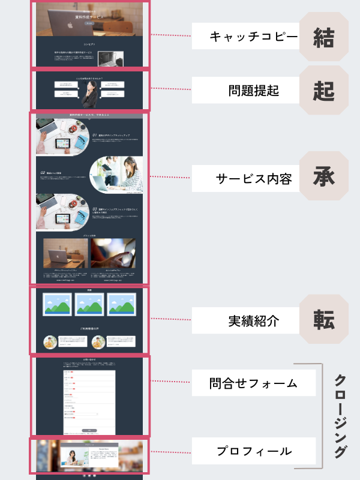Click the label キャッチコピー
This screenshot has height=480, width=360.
pyautogui.click(x=253, y=37)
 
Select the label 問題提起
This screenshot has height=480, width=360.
pyautogui.click(x=253, y=91)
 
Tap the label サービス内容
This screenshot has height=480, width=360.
pyautogui.click(x=253, y=178)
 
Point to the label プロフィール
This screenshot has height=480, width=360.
pyautogui.click(x=253, y=451)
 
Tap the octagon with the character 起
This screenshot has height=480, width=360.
pyautogui.click(x=323, y=91)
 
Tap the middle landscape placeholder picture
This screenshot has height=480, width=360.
pyautogui.click(x=89, y=305)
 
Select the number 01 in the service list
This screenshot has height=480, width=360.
pyautogui.click(x=94, y=136)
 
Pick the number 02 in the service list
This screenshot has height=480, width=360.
pyautogui.click(x=42, y=173)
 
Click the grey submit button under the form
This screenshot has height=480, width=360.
pyautogui.click(x=89, y=430)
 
